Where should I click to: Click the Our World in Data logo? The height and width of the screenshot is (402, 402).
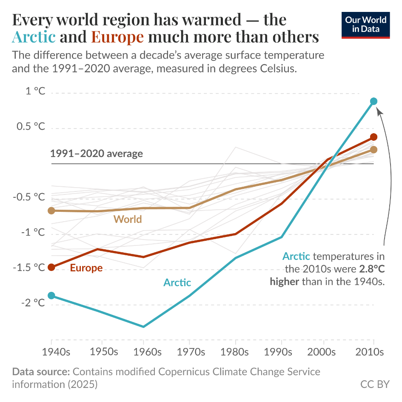pyautogui.click(x=366, y=25)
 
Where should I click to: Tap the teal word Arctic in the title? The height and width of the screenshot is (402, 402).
pyautogui.click(x=34, y=37)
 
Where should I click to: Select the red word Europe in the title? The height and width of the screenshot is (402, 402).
pyautogui.click(x=118, y=37)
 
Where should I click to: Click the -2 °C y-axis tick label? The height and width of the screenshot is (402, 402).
pyautogui.click(x=32, y=303)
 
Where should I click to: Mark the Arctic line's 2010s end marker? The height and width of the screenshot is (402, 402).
pyautogui.click(x=373, y=101)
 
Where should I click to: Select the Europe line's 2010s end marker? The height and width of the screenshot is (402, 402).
pyautogui.click(x=373, y=137)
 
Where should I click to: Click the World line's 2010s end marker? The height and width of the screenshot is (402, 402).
pyautogui.click(x=373, y=149)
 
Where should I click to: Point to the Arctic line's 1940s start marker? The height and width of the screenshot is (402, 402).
pyautogui.click(x=51, y=296)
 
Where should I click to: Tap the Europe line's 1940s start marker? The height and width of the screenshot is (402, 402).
pyautogui.click(x=51, y=267)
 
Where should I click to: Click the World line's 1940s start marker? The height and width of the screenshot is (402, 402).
pyautogui.click(x=51, y=211)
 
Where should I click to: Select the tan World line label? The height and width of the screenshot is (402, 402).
pyautogui.click(x=127, y=220)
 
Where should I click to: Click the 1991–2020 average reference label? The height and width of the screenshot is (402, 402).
pyautogui.click(x=97, y=154)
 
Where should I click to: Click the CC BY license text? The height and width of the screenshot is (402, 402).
pyautogui.click(x=375, y=384)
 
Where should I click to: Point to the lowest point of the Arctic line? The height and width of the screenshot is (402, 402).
pyautogui.click(x=144, y=327)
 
